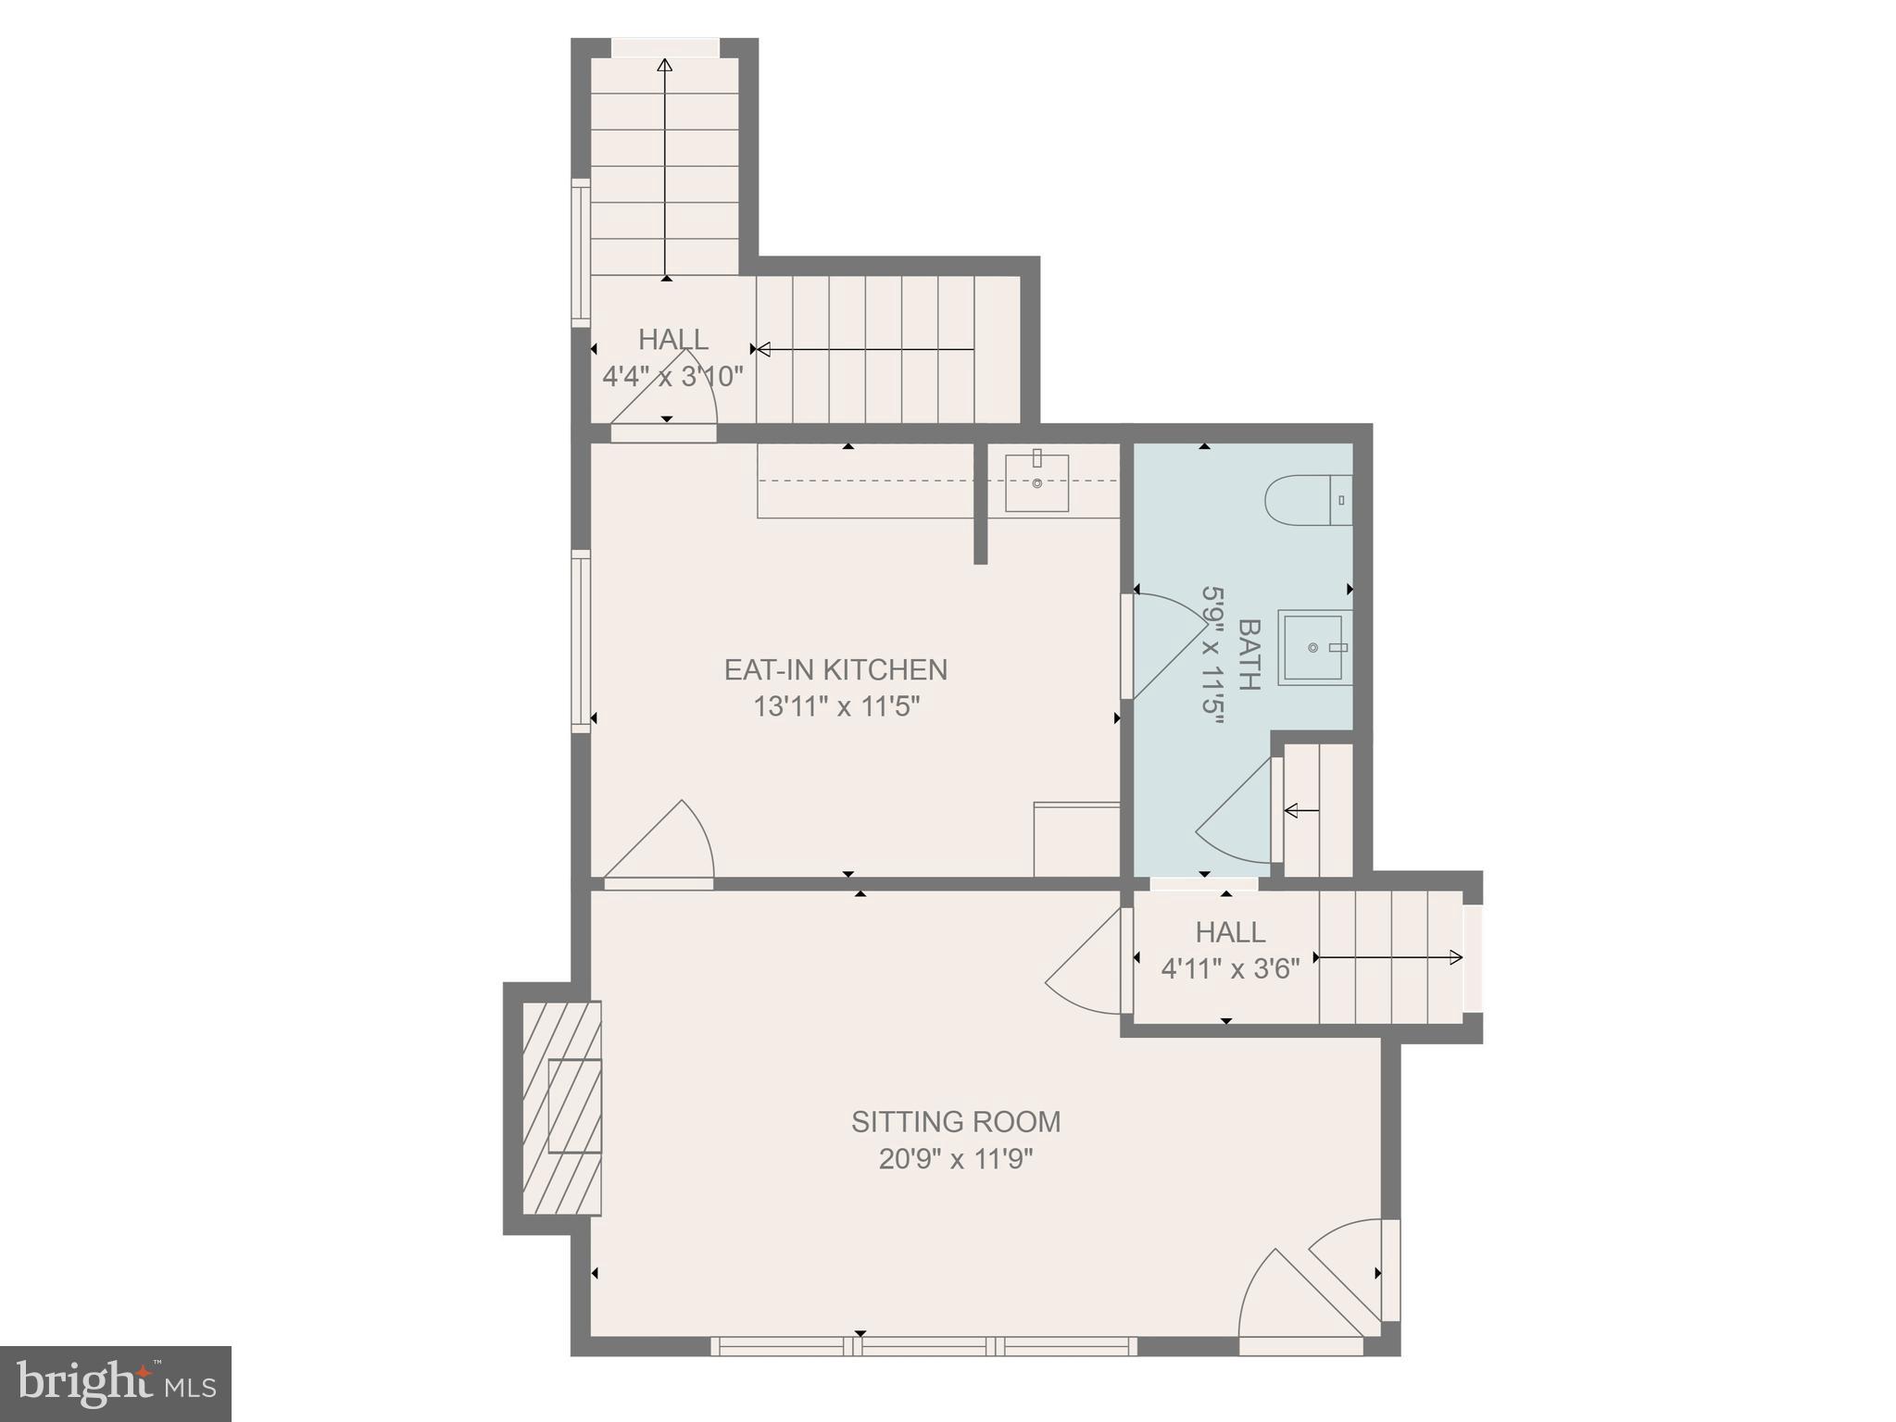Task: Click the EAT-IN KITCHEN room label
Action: coord(835,669)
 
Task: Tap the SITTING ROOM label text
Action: coord(955,1121)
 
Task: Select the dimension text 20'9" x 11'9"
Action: coord(955,1159)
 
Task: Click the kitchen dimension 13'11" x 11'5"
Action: coord(835,707)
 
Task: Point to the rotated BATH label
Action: coord(1249,655)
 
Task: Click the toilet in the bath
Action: coord(1306,500)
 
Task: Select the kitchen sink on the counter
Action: coord(1036,482)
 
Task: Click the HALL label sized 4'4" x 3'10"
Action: coord(673,340)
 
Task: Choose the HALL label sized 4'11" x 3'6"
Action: coord(1229,931)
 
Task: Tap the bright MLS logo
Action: coord(115,1383)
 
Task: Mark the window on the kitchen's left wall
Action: coord(581,641)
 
